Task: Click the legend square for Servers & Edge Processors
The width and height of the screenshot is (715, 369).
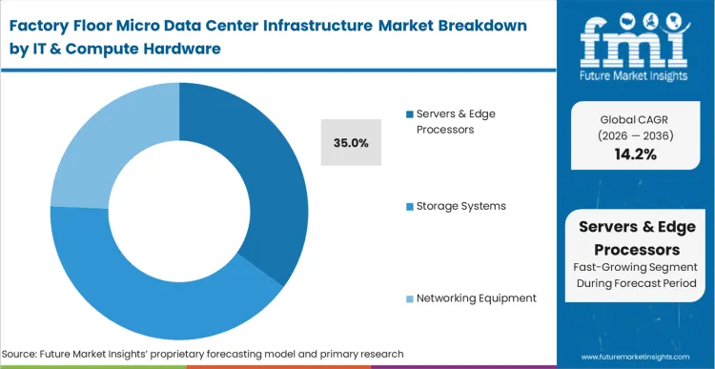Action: (x=409, y=114)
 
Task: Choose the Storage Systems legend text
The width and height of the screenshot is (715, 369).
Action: (x=460, y=205)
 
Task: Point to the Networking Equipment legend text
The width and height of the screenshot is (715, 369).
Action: (x=476, y=297)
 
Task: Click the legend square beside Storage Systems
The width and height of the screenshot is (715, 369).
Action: (x=409, y=206)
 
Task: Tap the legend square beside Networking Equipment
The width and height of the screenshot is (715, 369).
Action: (x=409, y=298)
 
